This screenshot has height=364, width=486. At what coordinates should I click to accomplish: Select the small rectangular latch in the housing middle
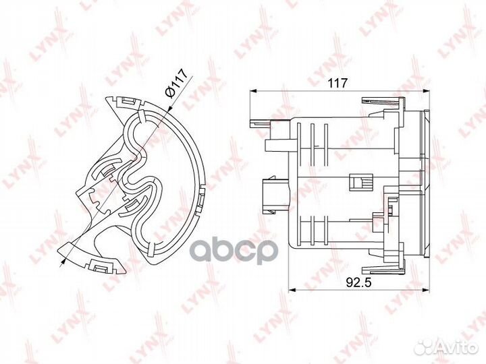(x=360, y=183)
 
